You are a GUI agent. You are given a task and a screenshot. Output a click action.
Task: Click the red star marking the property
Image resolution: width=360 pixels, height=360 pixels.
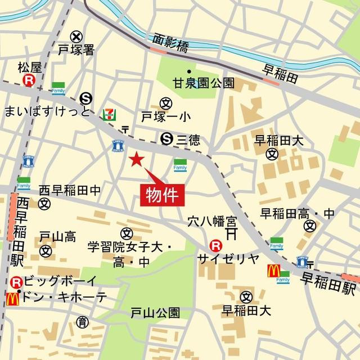(x=136, y=160)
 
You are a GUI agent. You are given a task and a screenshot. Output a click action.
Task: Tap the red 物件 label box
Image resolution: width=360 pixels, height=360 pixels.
(x=162, y=195)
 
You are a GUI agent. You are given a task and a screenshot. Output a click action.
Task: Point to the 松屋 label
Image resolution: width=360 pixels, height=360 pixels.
(x=30, y=68)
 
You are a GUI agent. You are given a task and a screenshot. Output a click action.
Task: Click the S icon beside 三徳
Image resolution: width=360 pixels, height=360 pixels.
(x=166, y=137)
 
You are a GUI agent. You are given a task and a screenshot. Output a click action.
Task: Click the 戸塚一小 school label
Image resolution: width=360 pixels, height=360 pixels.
(x=166, y=118)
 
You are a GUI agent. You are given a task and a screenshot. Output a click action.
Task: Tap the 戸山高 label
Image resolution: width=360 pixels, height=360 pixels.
(x=57, y=237)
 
